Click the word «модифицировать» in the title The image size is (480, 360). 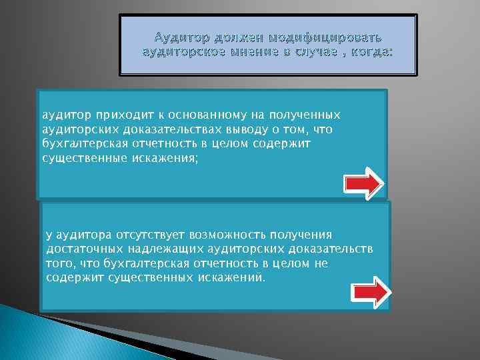tap(332, 35)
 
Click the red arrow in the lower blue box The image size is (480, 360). tap(371, 291)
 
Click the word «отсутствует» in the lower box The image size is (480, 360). tap(152, 235)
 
